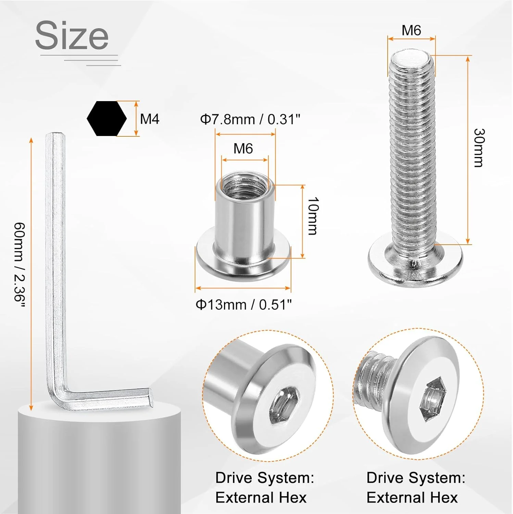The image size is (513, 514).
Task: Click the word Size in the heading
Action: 72,35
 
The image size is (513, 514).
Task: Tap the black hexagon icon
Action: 107,119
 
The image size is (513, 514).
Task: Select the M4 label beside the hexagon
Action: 150,119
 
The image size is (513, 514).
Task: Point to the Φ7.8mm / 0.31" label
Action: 250,119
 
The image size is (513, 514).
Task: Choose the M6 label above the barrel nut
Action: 243,148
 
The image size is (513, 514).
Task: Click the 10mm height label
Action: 312,216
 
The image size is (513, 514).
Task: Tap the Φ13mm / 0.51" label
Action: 243,304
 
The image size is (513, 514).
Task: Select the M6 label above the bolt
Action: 411,30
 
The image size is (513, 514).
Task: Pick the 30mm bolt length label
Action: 478,148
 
